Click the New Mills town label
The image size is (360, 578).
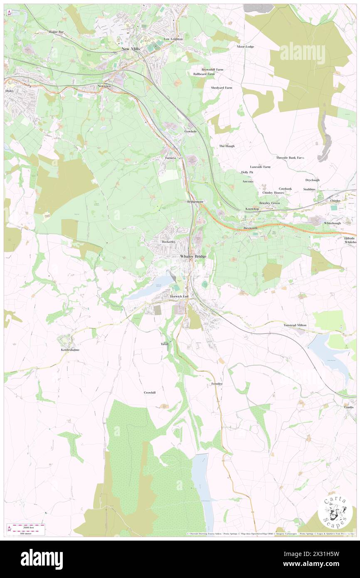click(131, 49)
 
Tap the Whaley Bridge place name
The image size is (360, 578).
click(193, 257)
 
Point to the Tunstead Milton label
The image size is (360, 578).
click(295, 325)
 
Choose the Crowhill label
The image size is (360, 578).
click(150, 393)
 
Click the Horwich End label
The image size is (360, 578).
click(180, 296)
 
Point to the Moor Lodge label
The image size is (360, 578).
click(245, 47)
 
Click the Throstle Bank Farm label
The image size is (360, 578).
click(290, 158)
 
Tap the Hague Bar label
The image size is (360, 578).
click(55, 32)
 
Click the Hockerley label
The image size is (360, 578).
click(169, 242)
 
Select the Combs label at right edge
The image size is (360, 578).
click(349, 407)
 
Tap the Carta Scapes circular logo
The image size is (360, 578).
click(335, 513)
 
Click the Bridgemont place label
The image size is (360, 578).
click(195, 202)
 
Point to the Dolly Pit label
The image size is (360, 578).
click(247, 172)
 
